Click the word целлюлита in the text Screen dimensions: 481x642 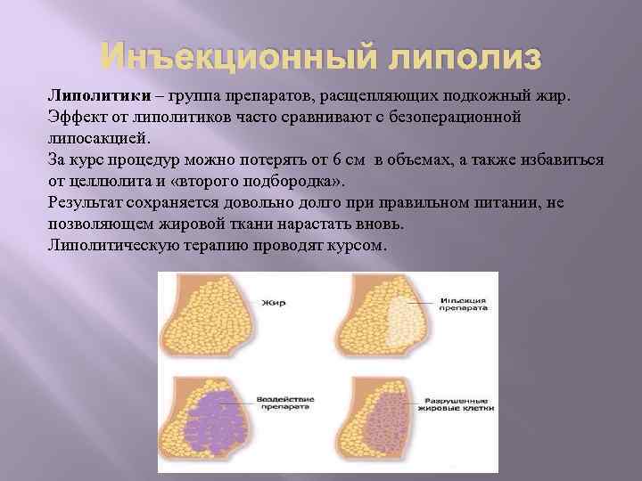point(111,181)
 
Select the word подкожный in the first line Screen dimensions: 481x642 point(487,95)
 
